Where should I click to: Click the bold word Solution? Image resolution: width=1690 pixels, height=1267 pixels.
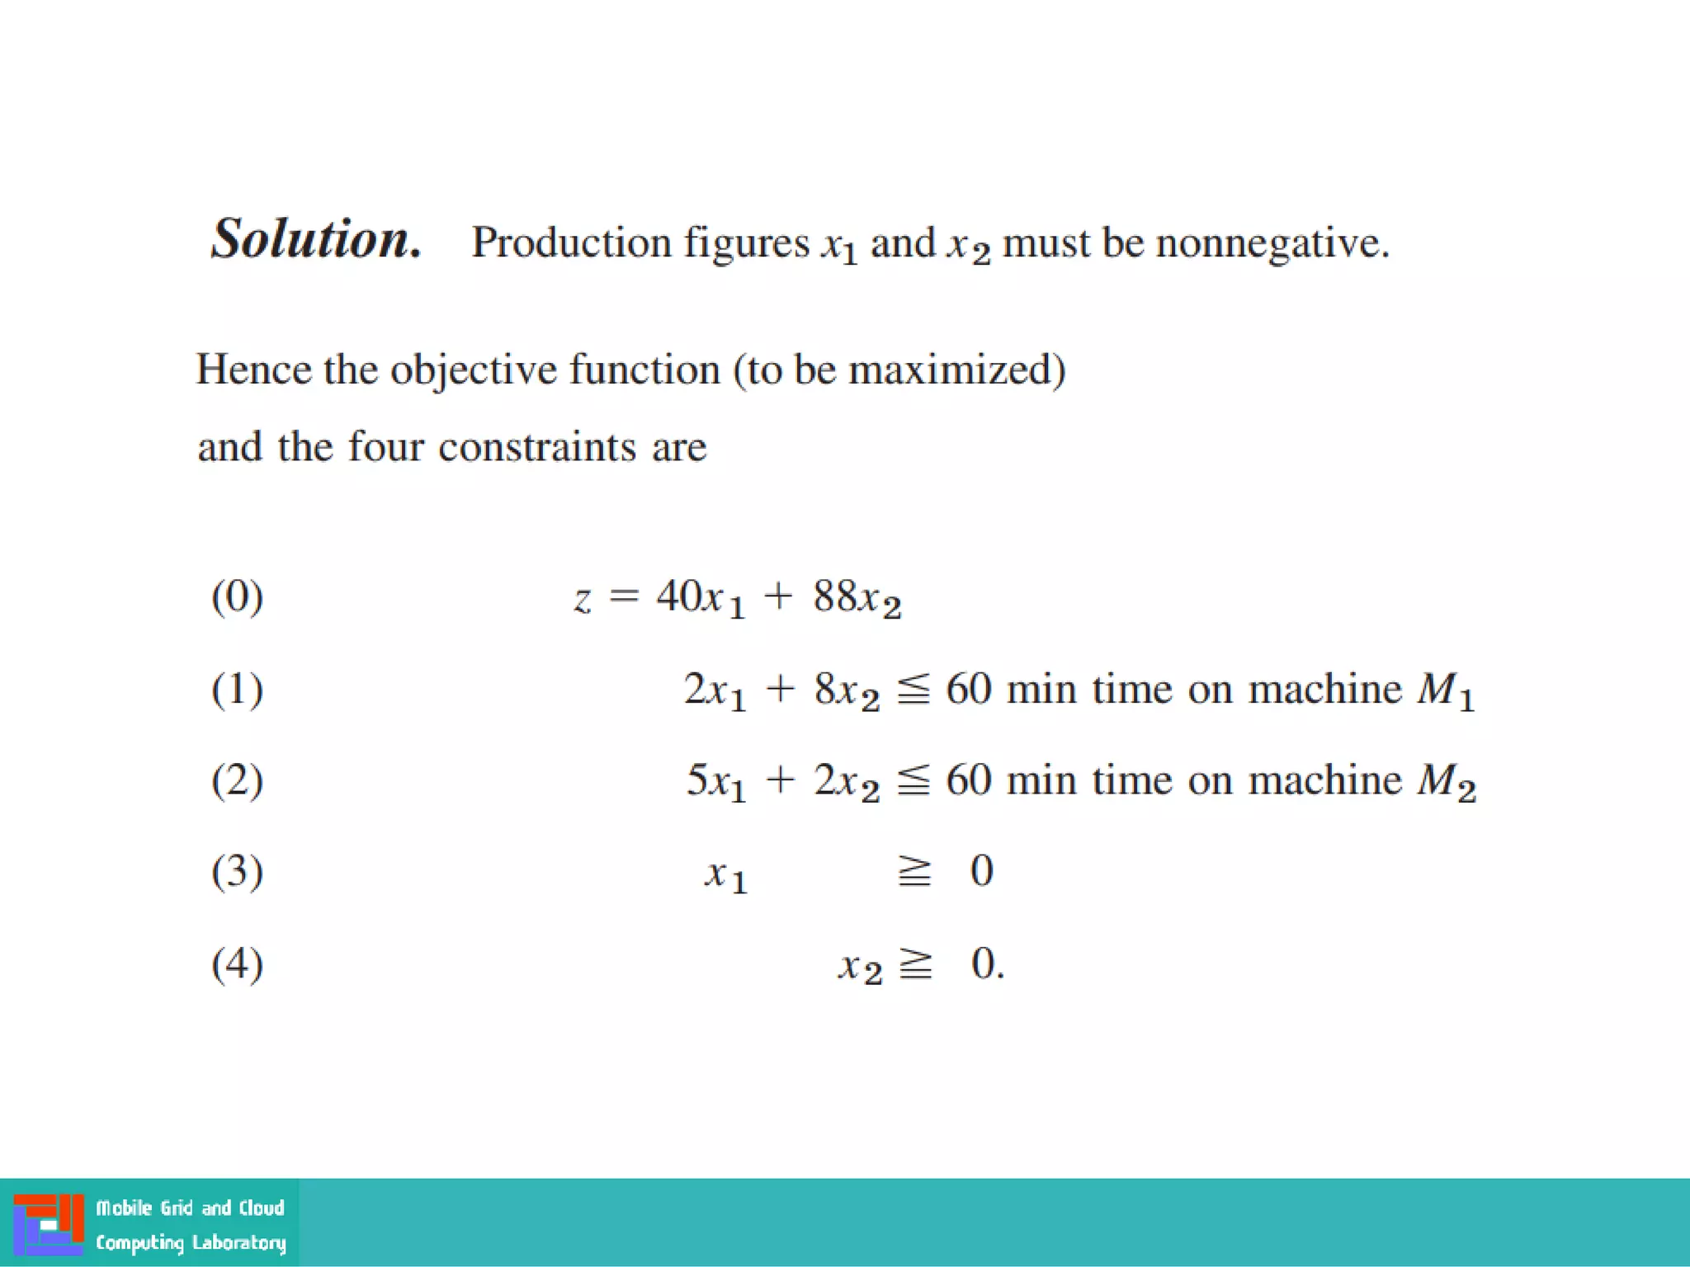tap(316, 239)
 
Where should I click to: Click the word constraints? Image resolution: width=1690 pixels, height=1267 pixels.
tap(537, 447)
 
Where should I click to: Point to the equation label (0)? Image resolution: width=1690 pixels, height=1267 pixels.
tap(238, 596)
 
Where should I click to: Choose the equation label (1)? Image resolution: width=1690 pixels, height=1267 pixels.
tap(238, 689)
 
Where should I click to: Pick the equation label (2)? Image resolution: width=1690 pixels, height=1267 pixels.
tap(238, 780)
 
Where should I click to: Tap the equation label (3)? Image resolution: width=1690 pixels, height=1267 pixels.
tap(238, 872)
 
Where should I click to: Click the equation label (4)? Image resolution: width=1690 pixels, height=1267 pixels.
tap(238, 963)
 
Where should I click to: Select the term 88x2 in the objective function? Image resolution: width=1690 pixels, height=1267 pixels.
tap(857, 598)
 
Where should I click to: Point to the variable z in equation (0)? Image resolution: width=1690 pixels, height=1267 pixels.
tap(583, 600)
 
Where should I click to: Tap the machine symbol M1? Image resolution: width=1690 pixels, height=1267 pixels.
tap(1445, 690)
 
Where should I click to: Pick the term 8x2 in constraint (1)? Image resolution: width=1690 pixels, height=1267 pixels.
tap(847, 690)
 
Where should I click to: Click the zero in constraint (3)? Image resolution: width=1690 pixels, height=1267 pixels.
tap(982, 871)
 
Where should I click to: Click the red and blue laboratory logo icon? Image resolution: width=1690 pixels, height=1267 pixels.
tap(49, 1224)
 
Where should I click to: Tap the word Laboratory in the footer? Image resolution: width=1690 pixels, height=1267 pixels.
tap(239, 1242)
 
